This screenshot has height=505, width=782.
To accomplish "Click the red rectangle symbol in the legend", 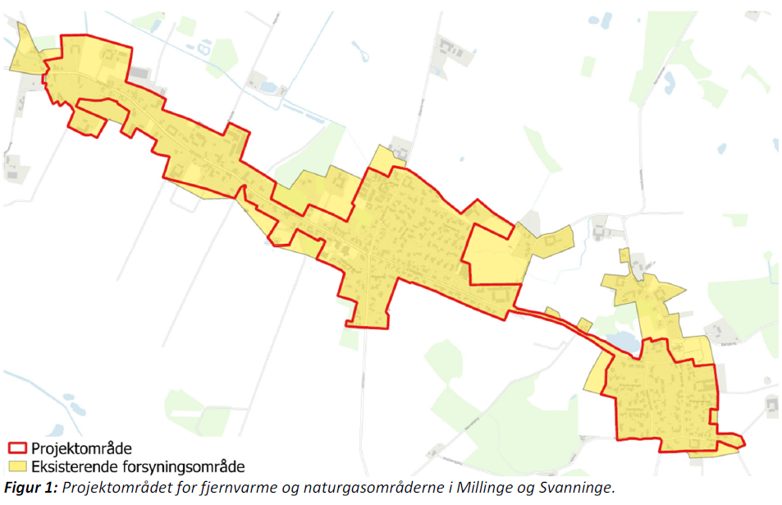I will pos(17,449).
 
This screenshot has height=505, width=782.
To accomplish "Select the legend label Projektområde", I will pos(81,449).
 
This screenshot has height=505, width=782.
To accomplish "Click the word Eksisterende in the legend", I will pos(72,467).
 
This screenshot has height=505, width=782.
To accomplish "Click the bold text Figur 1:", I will pos(30,487).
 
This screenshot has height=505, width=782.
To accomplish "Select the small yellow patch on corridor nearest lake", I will pos(585,324).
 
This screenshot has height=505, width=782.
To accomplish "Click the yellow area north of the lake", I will pos(644,292).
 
